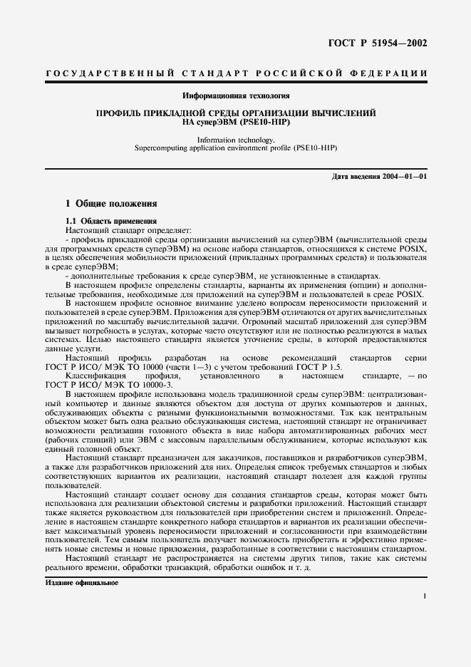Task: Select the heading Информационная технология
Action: [x=236, y=95]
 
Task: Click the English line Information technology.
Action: [x=235, y=140]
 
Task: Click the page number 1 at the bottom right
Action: [x=424, y=597]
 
